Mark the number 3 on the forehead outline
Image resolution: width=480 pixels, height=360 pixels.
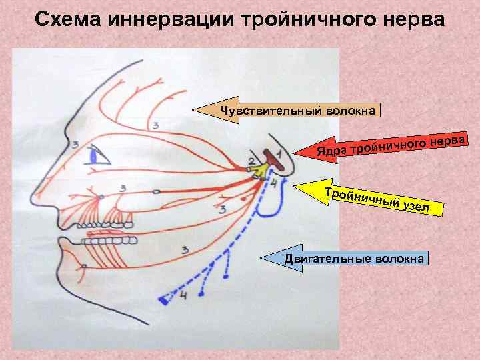[x=155, y=125]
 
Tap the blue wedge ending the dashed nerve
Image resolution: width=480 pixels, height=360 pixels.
[x=163, y=301]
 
